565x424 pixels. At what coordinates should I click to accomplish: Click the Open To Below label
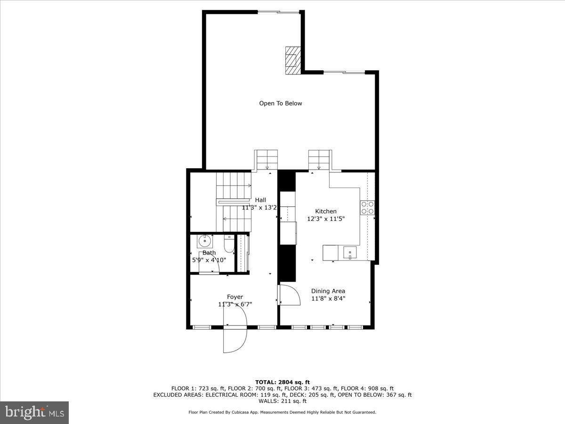tap(281, 103)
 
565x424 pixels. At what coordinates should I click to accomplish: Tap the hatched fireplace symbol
tap(293, 60)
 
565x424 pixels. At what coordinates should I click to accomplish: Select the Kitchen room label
tap(325, 212)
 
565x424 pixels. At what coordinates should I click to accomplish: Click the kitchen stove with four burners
tap(367, 208)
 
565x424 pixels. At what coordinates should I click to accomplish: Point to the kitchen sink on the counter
tap(350, 253)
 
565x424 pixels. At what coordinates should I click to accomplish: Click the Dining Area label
tap(328, 291)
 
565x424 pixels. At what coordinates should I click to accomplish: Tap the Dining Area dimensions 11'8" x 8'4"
tap(328, 298)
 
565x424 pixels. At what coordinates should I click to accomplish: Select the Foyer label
tap(235, 297)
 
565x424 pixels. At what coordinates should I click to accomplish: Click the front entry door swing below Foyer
tap(235, 339)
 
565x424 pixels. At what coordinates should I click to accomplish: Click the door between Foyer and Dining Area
tap(289, 295)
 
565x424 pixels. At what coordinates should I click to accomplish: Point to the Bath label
tap(209, 253)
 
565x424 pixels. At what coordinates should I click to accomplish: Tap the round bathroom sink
tap(205, 241)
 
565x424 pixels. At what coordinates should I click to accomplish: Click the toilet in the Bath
tap(228, 245)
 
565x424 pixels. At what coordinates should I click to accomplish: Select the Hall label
tap(260, 200)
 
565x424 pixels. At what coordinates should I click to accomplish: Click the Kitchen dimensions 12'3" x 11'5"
tap(325, 219)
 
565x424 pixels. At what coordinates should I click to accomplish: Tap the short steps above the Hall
tap(266, 160)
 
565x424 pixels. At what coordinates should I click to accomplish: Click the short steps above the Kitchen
tap(320, 160)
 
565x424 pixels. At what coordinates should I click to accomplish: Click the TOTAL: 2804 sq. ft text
tap(282, 382)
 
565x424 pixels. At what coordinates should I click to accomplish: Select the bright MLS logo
tap(34, 412)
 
